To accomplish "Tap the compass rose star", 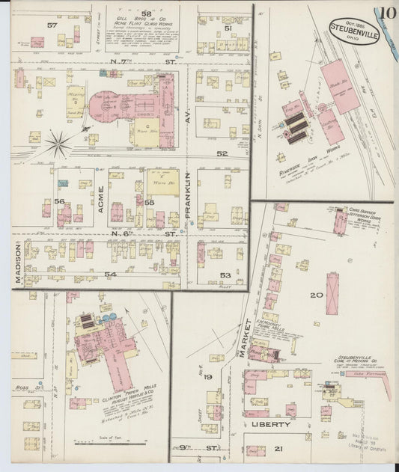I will pos(58,141).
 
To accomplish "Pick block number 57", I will pos(52,25).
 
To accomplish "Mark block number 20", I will pos(317,295).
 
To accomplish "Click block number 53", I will pos(225,275).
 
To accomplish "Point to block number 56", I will pos(60,200).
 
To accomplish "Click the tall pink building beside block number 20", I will pos(332,292).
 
